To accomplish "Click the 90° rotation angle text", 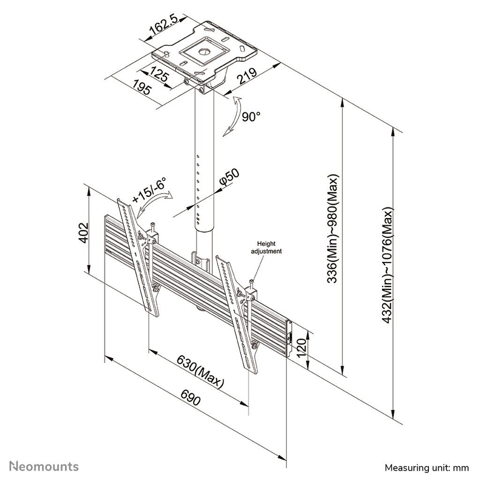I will (251, 116).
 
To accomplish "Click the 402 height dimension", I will (83, 232).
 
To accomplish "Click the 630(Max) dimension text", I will (200, 373).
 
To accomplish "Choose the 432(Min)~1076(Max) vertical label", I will (387, 265).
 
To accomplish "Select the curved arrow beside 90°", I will (232, 116).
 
